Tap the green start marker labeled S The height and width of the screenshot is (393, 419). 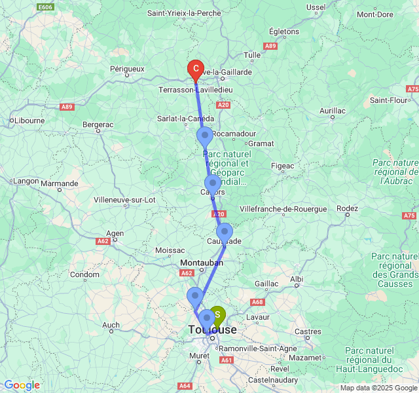click(217, 315)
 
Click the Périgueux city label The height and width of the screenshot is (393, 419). click(127, 68)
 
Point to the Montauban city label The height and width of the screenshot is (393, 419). click(201, 262)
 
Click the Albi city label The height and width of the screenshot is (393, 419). click(297, 278)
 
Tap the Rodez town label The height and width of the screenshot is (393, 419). click(347, 209)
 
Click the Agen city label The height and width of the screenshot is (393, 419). click(115, 233)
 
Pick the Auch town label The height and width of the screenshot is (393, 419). click(111, 325)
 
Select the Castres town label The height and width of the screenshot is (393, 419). click(308, 332)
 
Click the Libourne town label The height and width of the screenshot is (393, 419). click(29, 121)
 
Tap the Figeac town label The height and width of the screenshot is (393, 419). click(283, 166)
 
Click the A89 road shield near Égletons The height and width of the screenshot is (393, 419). click(270, 46)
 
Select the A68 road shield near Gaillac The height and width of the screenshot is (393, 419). click(257, 302)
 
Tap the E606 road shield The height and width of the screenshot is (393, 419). click(45, 7)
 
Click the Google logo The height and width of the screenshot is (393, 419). click(22, 385)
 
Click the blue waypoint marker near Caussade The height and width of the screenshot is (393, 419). click(225, 232)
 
